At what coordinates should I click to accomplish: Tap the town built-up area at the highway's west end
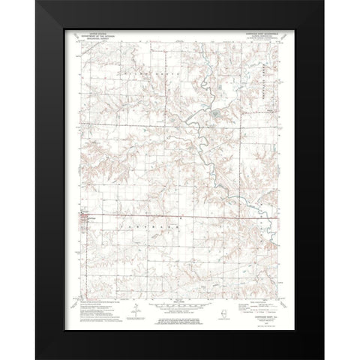[x=84, y=218]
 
